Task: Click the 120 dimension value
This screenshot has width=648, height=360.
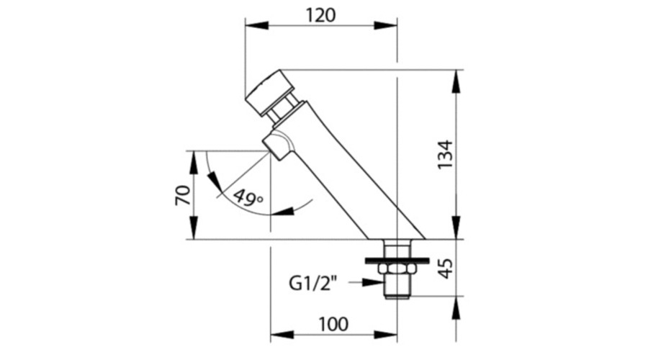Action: pyautogui.click(x=320, y=15)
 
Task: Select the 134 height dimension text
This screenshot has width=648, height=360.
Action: pyautogui.click(x=445, y=155)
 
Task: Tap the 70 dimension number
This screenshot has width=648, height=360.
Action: pyautogui.click(x=183, y=195)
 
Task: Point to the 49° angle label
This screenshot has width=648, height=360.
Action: pyautogui.click(x=248, y=197)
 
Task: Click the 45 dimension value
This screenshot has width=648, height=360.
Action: pyautogui.click(x=445, y=269)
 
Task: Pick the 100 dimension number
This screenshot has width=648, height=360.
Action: pyautogui.click(x=333, y=325)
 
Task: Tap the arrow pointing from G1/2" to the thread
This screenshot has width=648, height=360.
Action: pyautogui.click(x=366, y=282)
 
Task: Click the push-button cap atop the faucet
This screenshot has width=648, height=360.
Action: pyautogui.click(x=269, y=94)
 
